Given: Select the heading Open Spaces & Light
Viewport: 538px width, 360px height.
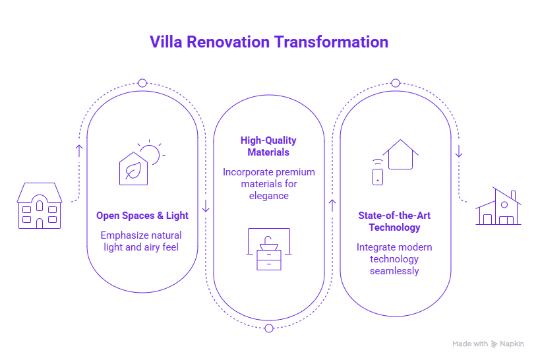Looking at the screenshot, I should [x=142, y=216].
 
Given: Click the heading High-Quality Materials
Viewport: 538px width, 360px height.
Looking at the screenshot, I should [x=268, y=146].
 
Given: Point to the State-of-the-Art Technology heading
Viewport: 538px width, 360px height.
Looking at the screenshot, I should [x=395, y=222].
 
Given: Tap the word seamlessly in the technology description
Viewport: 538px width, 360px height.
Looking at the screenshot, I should [x=395, y=271].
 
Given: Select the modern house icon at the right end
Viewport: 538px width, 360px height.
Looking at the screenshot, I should [x=498, y=208].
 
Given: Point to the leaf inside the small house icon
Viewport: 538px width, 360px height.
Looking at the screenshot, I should [x=133, y=169].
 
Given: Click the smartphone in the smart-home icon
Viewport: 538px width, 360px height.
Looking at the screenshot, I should [x=378, y=177].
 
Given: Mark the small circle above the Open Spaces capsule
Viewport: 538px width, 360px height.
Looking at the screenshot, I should [x=142, y=83].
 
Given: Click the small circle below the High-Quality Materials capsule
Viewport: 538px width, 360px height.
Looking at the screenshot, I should [x=268, y=328].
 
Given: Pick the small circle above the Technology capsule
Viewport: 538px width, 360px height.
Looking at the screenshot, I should [x=395, y=83].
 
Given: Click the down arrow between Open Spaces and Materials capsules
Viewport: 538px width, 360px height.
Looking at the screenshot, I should [x=205, y=206].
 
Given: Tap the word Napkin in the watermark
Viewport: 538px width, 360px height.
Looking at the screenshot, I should [x=512, y=344].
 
